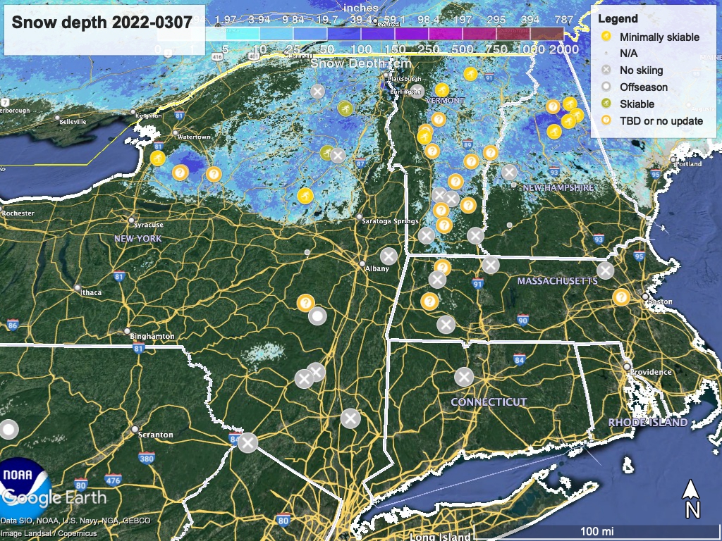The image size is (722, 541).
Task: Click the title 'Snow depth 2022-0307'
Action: tap(102, 22)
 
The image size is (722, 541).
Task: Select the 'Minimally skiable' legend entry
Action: tap(659, 37)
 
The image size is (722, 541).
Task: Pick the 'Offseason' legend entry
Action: tap(643, 87)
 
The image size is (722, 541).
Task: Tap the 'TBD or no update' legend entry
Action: tap(661, 120)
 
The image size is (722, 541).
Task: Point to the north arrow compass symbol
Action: tap(692, 499)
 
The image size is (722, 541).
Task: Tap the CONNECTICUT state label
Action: tap(489, 402)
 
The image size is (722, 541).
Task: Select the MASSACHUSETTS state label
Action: tap(557, 281)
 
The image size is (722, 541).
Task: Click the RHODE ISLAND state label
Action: tap(647, 422)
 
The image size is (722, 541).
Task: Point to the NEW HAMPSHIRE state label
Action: tap(558, 188)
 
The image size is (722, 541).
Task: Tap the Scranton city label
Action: tap(156, 435)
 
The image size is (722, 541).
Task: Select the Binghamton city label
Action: tap(152, 336)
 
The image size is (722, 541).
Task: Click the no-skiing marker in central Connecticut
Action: tap(463, 377)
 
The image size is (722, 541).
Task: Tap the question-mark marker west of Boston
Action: tap(621, 297)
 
